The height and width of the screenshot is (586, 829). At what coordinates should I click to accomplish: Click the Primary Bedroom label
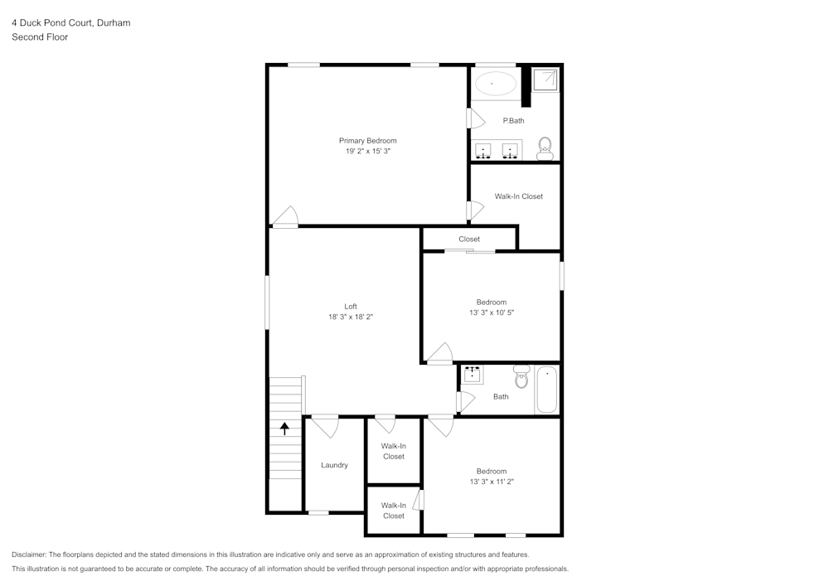(367, 141)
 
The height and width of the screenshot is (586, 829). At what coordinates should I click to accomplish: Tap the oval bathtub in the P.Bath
(495, 83)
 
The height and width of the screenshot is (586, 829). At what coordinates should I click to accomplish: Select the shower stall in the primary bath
(545, 80)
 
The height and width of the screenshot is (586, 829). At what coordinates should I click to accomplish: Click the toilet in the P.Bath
(545, 149)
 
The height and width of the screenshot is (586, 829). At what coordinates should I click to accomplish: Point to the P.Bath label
(514, 121)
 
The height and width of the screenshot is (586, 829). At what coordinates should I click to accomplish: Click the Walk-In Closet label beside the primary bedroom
(519, 196)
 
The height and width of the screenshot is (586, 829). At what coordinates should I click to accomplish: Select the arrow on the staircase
(285, 429)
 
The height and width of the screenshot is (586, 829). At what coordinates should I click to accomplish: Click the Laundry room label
(335, 465)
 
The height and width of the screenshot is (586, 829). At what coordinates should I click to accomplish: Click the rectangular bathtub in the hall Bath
(546, 390)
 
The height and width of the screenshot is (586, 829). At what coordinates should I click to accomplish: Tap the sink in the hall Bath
(473, 375)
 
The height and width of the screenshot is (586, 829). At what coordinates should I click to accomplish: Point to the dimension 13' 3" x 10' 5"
(492, 312)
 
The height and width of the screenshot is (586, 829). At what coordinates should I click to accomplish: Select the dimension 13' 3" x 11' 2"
(492, 482)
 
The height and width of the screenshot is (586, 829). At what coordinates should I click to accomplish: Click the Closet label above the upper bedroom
(469, 240)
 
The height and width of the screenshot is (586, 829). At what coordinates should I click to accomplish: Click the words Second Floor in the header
(40, 37)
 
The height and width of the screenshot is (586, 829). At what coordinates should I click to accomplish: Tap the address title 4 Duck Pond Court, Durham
(70, 23)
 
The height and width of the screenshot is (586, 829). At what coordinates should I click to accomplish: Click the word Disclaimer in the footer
(29, 555)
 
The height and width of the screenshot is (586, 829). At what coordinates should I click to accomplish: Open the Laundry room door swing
(326, 426)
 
